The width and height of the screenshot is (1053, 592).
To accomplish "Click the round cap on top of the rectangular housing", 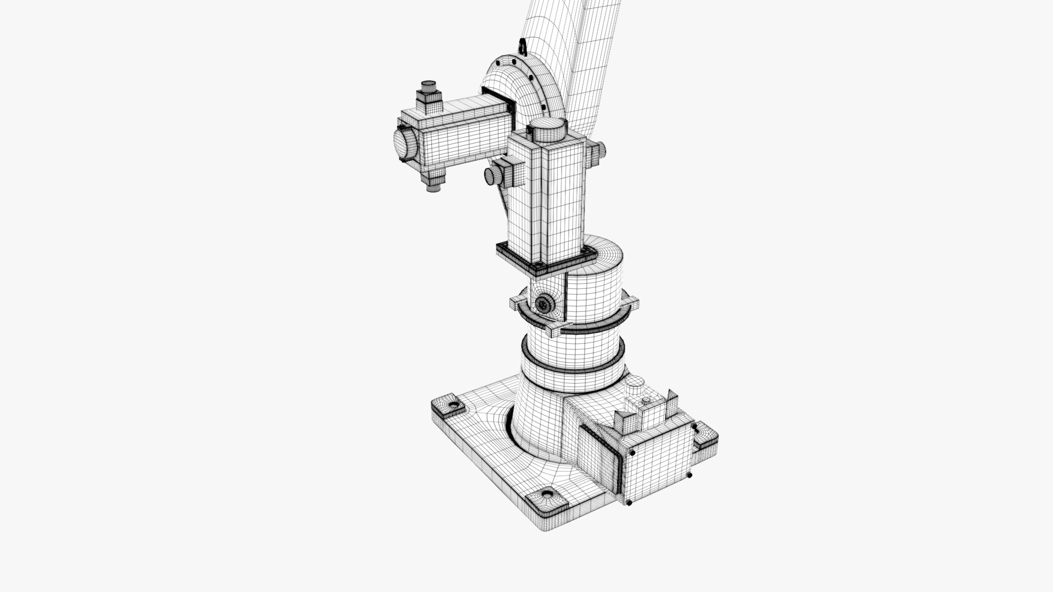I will click(x=547, y=130).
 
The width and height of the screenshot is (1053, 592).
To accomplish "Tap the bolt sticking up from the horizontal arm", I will click(x=428, y=94).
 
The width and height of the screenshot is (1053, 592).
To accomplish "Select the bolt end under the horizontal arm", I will click(x=433, y=183).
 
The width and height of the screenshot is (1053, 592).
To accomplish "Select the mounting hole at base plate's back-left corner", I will click(x=453, y=405).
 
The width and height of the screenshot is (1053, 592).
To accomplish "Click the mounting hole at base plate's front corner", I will click(x=547, y=496).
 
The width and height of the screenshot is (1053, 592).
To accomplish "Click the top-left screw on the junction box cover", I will click(x=632, y=453).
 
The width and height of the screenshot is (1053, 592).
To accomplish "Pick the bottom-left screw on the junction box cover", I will click(x=629, y=502).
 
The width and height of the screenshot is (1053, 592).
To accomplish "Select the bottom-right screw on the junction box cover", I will click(x=689, y=475).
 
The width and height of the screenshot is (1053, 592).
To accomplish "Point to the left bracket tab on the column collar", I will click(x=517, y=301).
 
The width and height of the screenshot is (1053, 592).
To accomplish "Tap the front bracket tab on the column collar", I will click(x=554, y=331).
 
